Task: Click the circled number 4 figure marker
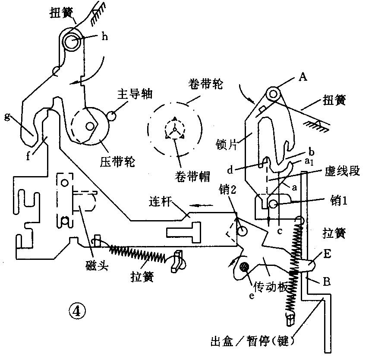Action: tap(78, 309)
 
